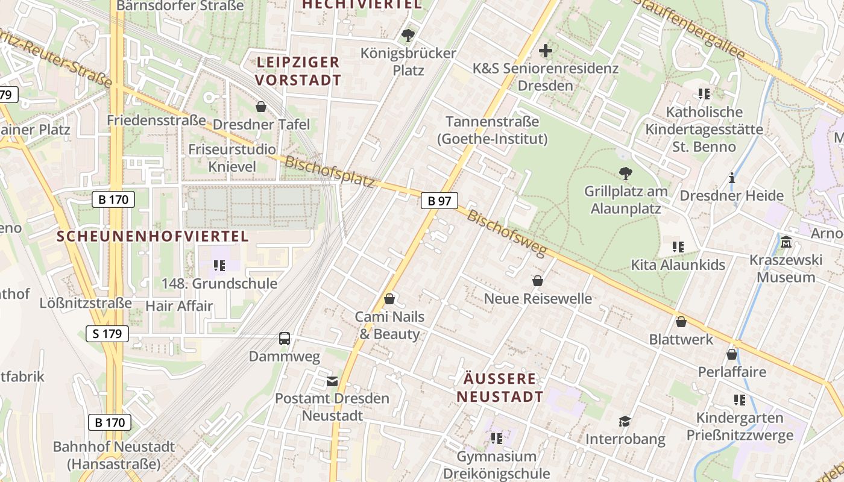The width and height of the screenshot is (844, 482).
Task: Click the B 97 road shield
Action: tap(439, 201)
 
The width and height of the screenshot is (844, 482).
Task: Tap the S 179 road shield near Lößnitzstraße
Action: tap(107, 333)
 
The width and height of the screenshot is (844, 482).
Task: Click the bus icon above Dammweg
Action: tap(285, 339)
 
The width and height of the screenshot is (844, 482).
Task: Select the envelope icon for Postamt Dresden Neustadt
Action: tap(332, 381)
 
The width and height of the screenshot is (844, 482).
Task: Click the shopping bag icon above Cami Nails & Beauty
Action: tap(389, 299)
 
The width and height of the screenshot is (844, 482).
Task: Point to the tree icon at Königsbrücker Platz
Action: tap(408, 35)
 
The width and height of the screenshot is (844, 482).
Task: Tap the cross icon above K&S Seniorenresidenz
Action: tap(546, 51)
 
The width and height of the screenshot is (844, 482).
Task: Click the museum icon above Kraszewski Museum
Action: tap(786, 242)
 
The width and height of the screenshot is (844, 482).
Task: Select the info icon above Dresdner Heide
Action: tap(732, 178)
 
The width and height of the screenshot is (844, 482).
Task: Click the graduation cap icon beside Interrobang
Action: tap(625, 421)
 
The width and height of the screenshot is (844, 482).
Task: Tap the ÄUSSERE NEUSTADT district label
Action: tap(500, 387)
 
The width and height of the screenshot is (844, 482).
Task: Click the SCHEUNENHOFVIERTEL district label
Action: tap(153, 236)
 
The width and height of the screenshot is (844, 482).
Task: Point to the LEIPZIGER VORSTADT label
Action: tap(298, 70)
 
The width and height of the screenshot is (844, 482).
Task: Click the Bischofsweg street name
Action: tap(506, 233)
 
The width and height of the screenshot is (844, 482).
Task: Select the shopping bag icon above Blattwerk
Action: tap(681, 322)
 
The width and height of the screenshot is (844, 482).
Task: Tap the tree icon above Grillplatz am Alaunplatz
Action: tap(626, 174)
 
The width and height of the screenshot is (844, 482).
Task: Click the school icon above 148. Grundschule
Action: tap(219, 265)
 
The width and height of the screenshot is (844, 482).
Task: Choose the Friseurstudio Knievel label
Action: tap(232, 157)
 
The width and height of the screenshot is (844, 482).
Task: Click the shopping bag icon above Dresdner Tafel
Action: tap(261, 107)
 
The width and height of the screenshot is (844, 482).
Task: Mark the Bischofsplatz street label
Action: tap(329, 172)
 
